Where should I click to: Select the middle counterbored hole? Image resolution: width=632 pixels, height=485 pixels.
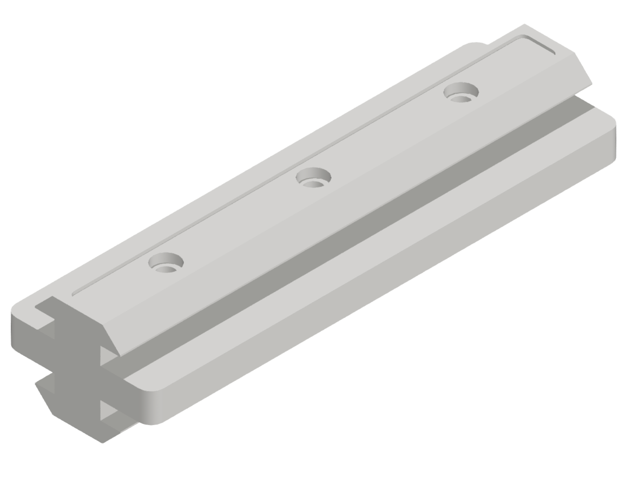(313, 177)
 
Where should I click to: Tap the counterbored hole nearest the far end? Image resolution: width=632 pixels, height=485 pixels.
(461, 91)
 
